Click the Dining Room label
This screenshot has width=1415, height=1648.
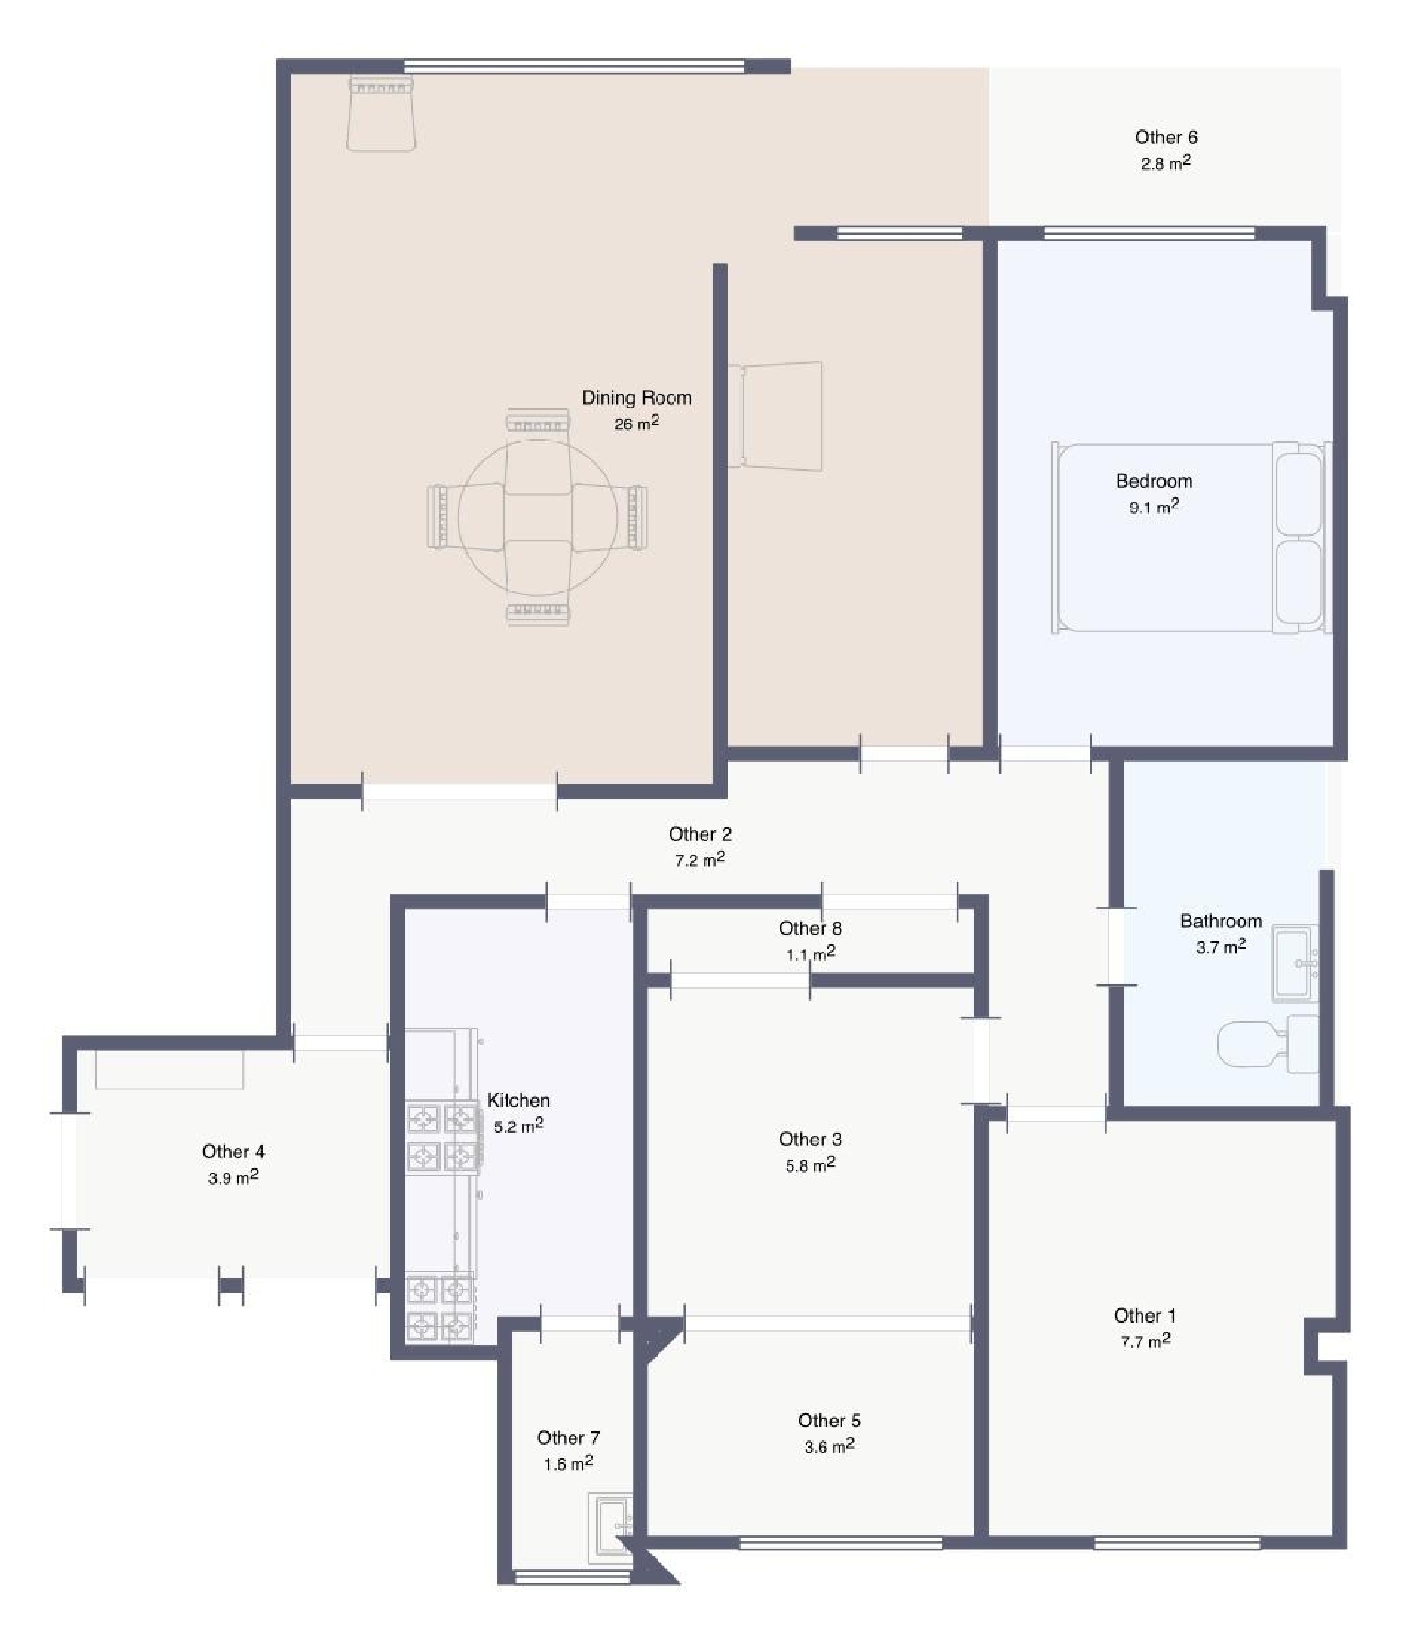coord(636,397)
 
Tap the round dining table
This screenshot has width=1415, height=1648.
coord(538,517)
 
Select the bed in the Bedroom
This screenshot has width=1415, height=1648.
coord(1189,538)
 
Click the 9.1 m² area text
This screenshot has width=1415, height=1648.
coord(1154,508)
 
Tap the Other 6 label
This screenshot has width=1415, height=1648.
coord(1166,138)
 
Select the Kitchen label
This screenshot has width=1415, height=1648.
coord(518,1100)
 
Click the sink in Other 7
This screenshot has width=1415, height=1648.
coord(611,1527)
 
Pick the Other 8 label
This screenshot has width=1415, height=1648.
coord(809,928)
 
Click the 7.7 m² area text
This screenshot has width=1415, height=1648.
coord(1144,1341)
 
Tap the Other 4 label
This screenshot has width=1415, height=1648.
coord(233,1152)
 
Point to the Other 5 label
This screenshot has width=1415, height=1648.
coord(828,1421)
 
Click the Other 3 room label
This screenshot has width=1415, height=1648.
coord(809,1140)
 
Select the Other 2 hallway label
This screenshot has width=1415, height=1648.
coord(700,834)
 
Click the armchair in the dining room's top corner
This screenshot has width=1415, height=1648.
coord(381,114)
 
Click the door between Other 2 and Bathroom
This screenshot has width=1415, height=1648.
coord(1116,946)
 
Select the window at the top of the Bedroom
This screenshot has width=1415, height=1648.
coord(1149,233)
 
